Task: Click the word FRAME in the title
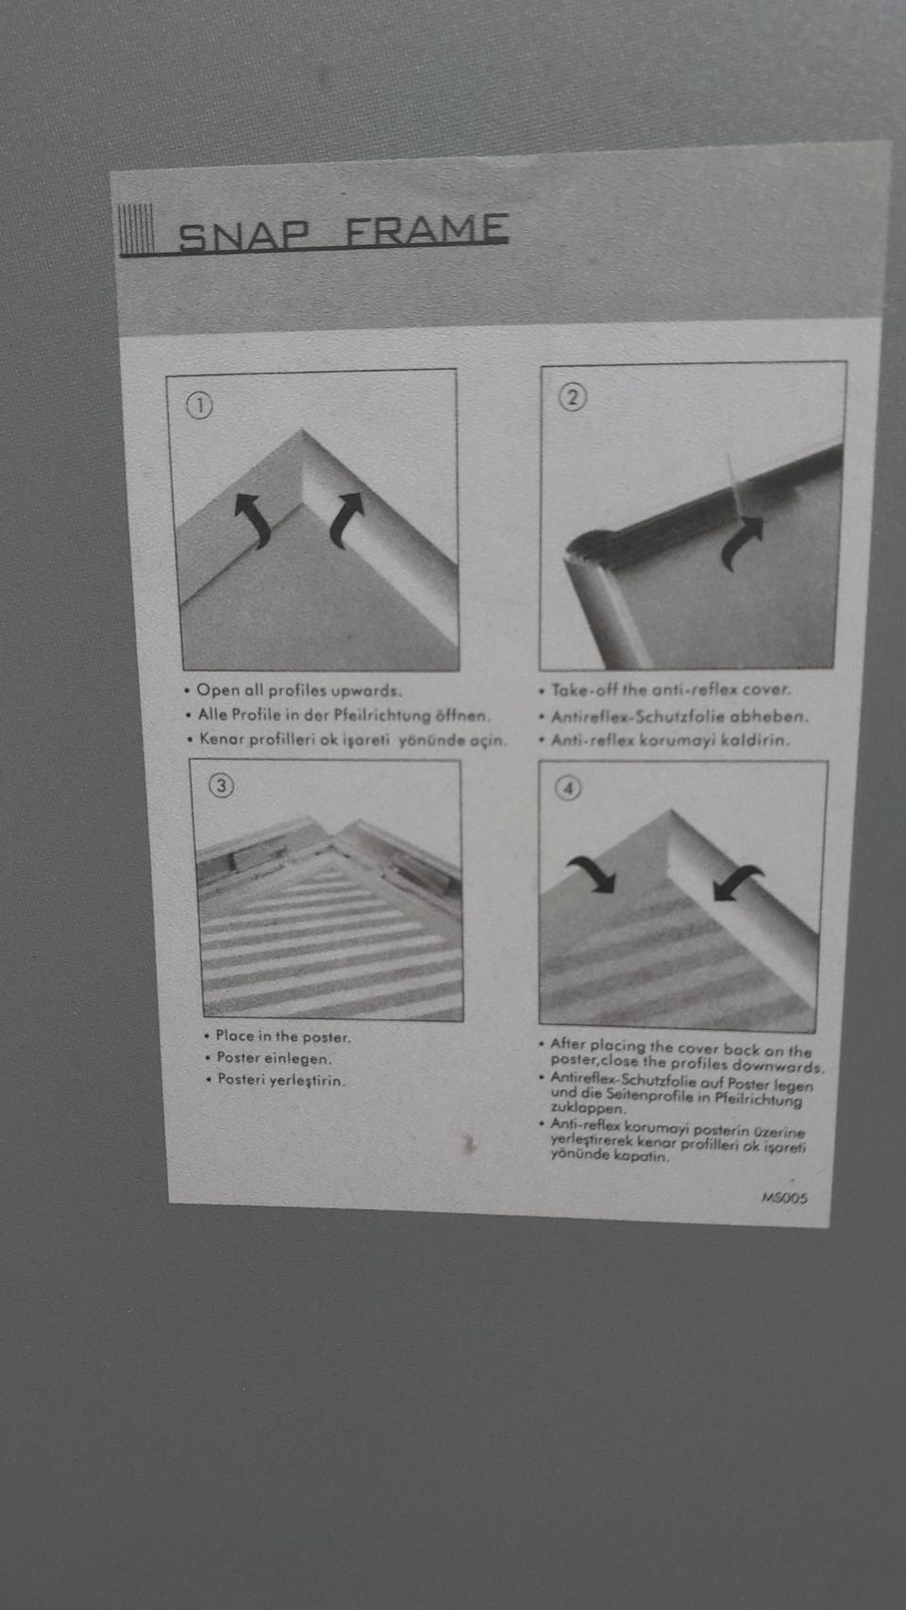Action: [428, 229]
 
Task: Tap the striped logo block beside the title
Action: [136, 229]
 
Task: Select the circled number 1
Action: [199, 407]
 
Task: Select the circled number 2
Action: [572, 397]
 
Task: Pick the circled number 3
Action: [222, 786]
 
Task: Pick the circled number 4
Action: [568, 788]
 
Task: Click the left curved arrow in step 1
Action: [253, 519]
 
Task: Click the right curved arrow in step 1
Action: [346, 519]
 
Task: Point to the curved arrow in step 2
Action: [741, 542]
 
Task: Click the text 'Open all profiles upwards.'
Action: [299, 690]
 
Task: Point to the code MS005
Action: [784, 1198]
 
